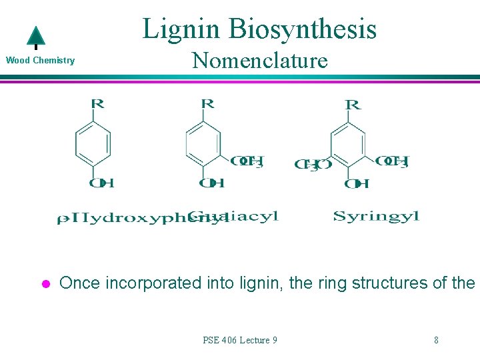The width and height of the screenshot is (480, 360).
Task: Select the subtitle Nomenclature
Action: tap(260, 61)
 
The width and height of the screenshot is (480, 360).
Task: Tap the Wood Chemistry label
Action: tap(40, 61)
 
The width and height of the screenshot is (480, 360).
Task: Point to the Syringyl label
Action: tap(375, 216)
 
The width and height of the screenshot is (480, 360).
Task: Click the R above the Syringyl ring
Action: tap(353, 105)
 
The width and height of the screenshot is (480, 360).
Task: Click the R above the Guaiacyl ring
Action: tap(207, 103)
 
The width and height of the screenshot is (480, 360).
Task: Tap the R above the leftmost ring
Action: tap(97, 103)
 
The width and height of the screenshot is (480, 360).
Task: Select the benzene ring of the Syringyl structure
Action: tap(348, 145)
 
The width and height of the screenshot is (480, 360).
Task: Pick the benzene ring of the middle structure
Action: tap(203, 143)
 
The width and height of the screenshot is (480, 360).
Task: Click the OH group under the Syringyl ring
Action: tap(357, 184)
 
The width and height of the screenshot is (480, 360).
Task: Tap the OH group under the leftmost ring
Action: tap(101, 183)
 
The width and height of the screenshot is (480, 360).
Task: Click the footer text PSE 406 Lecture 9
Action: tap(240, 340)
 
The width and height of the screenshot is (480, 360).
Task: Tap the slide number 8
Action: tap(436, 340)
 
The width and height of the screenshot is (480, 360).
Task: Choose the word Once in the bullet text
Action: tap(78, 283)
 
